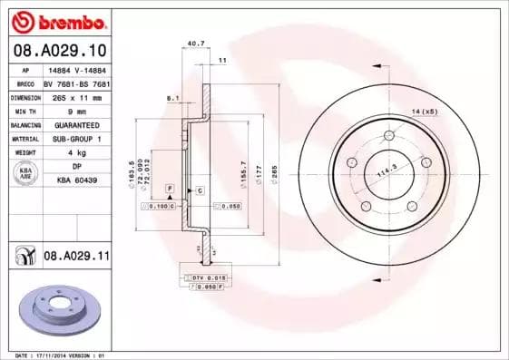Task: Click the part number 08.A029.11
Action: [75, 257]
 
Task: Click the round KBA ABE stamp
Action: [26, 174]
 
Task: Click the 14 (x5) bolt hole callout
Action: [424, 110]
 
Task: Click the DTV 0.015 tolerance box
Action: [209, 277]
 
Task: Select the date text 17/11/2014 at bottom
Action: [67, 355]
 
